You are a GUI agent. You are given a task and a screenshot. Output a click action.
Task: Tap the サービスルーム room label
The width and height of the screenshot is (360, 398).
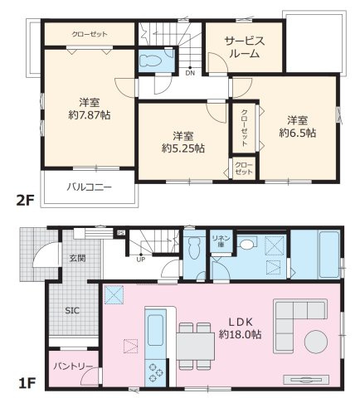point(245,47)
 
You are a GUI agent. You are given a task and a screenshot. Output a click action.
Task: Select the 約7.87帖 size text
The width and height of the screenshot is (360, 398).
point(90,114)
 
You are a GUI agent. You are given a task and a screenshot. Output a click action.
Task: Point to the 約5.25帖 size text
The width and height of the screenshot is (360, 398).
point(183,148)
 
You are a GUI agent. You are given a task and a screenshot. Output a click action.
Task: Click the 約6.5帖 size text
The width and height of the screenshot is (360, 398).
point(298,133)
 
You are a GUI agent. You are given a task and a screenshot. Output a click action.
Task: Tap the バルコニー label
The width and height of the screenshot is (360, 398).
point(90,187)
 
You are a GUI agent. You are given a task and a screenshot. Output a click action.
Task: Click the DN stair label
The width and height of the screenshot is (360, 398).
point(190,73)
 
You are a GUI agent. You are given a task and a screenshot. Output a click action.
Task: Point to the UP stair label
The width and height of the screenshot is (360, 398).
point(141,260)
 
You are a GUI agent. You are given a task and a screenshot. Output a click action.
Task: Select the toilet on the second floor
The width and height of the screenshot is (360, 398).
point(151,61)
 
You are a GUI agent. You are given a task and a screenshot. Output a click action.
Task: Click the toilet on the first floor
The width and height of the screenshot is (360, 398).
point(194,248)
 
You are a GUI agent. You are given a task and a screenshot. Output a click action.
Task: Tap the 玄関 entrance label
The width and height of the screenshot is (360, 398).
point(77,259)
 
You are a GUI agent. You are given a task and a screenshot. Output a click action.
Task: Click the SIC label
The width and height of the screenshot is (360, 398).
point(72,311)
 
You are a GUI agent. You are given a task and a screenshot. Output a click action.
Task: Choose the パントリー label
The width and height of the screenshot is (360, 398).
point(73,366)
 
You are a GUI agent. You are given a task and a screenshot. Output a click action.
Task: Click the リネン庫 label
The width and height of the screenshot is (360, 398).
point(221,240)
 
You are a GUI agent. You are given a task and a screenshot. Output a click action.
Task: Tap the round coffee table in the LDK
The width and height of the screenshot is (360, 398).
point(316,342)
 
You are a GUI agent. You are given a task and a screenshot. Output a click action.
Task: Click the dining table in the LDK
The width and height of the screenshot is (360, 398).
point(196,347)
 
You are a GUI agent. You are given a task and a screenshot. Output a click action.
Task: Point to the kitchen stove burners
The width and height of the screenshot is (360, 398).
point(155,372)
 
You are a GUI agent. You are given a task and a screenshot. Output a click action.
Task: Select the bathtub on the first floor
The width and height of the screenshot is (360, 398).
point(329,255)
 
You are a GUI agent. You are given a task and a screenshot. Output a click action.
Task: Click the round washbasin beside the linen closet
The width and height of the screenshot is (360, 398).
point(246,244)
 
